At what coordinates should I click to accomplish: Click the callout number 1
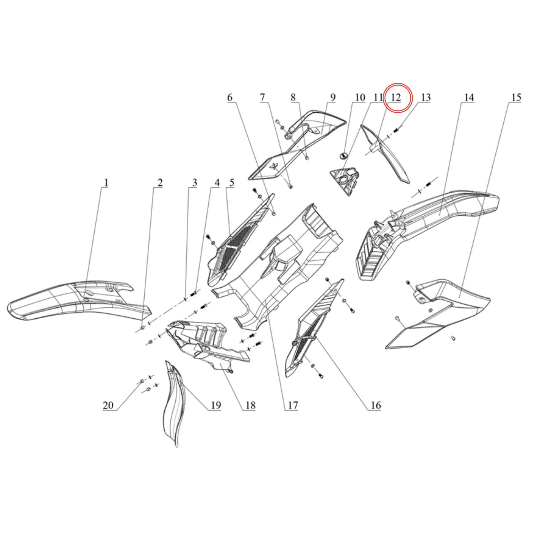pos(106,182)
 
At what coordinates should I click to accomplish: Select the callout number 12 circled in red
pos(396,98)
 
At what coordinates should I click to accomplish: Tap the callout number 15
pos(516,98)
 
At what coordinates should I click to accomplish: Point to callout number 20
pos(108,405)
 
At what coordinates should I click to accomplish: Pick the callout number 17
pos(293,405)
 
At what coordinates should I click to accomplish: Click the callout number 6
pos(230,98)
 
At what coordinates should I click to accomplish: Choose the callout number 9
pos(333,98)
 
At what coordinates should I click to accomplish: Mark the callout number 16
pos(376,405)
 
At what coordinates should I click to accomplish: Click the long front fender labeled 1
pos(79,301)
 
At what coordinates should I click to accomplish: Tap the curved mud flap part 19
pos(175,404)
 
